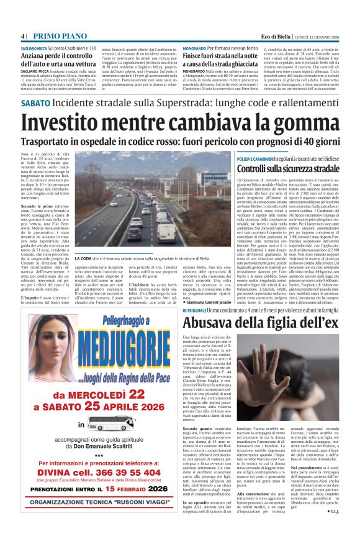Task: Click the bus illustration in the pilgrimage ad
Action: click(x=111, y=424)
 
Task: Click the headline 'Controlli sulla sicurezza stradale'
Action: click(x=279, y=168)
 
